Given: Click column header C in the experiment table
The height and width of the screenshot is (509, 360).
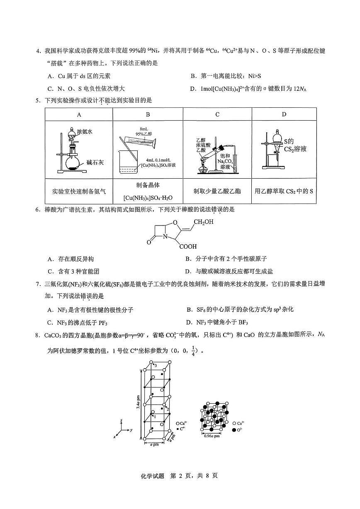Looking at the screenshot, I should (217, 114).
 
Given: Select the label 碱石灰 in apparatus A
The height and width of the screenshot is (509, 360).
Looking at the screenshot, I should (95, 162).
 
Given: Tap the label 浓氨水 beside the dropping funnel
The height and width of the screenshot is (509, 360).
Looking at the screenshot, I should (85, 131).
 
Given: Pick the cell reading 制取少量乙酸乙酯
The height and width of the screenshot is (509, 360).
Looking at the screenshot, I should (217, 191).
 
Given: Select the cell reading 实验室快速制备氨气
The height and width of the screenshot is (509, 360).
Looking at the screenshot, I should (79, 191).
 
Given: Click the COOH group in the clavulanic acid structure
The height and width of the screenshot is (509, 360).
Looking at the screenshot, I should (188, 246).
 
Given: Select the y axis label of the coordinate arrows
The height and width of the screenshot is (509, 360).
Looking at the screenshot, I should (131, 431).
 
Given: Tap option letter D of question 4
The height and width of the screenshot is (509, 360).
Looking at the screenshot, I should (192, 89).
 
